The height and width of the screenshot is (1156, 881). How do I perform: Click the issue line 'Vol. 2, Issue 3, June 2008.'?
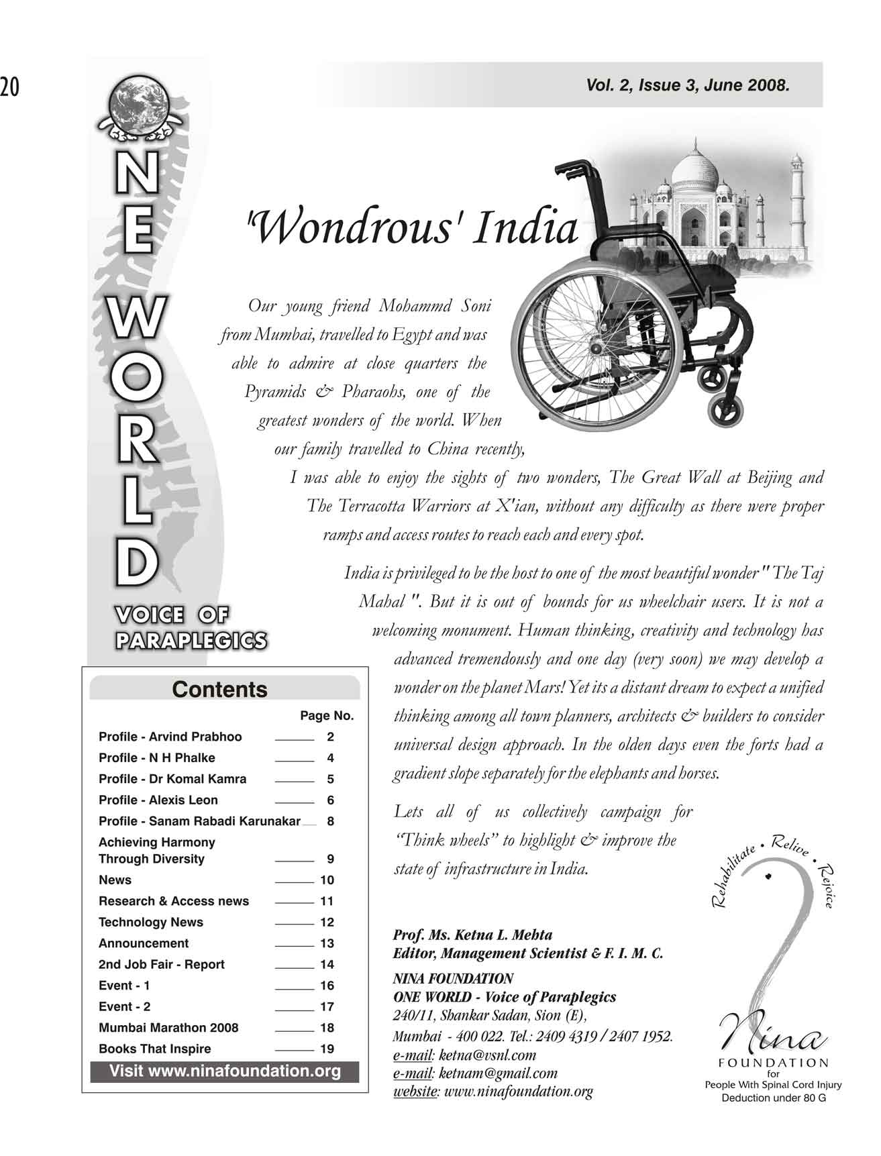pos(687,85)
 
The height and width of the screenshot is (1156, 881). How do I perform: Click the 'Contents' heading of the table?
pos(219,690)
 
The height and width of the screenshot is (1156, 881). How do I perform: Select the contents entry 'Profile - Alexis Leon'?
pos(158,800)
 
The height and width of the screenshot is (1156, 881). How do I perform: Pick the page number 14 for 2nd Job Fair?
pos(327,965)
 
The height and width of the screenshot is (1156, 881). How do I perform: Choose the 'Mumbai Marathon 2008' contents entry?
pos(168,1027)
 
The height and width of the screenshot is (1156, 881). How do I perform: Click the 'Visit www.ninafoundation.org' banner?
pos(225,1071)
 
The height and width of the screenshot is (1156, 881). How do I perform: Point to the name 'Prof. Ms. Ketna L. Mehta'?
pos(472,935)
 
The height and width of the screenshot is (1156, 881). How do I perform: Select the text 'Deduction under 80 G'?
pos(773,1098)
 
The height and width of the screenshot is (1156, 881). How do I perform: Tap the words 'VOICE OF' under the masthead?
pos(172,615)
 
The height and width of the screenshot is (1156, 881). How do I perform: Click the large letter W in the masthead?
pos(135,318)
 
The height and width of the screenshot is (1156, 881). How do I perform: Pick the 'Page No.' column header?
pos(327,716)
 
